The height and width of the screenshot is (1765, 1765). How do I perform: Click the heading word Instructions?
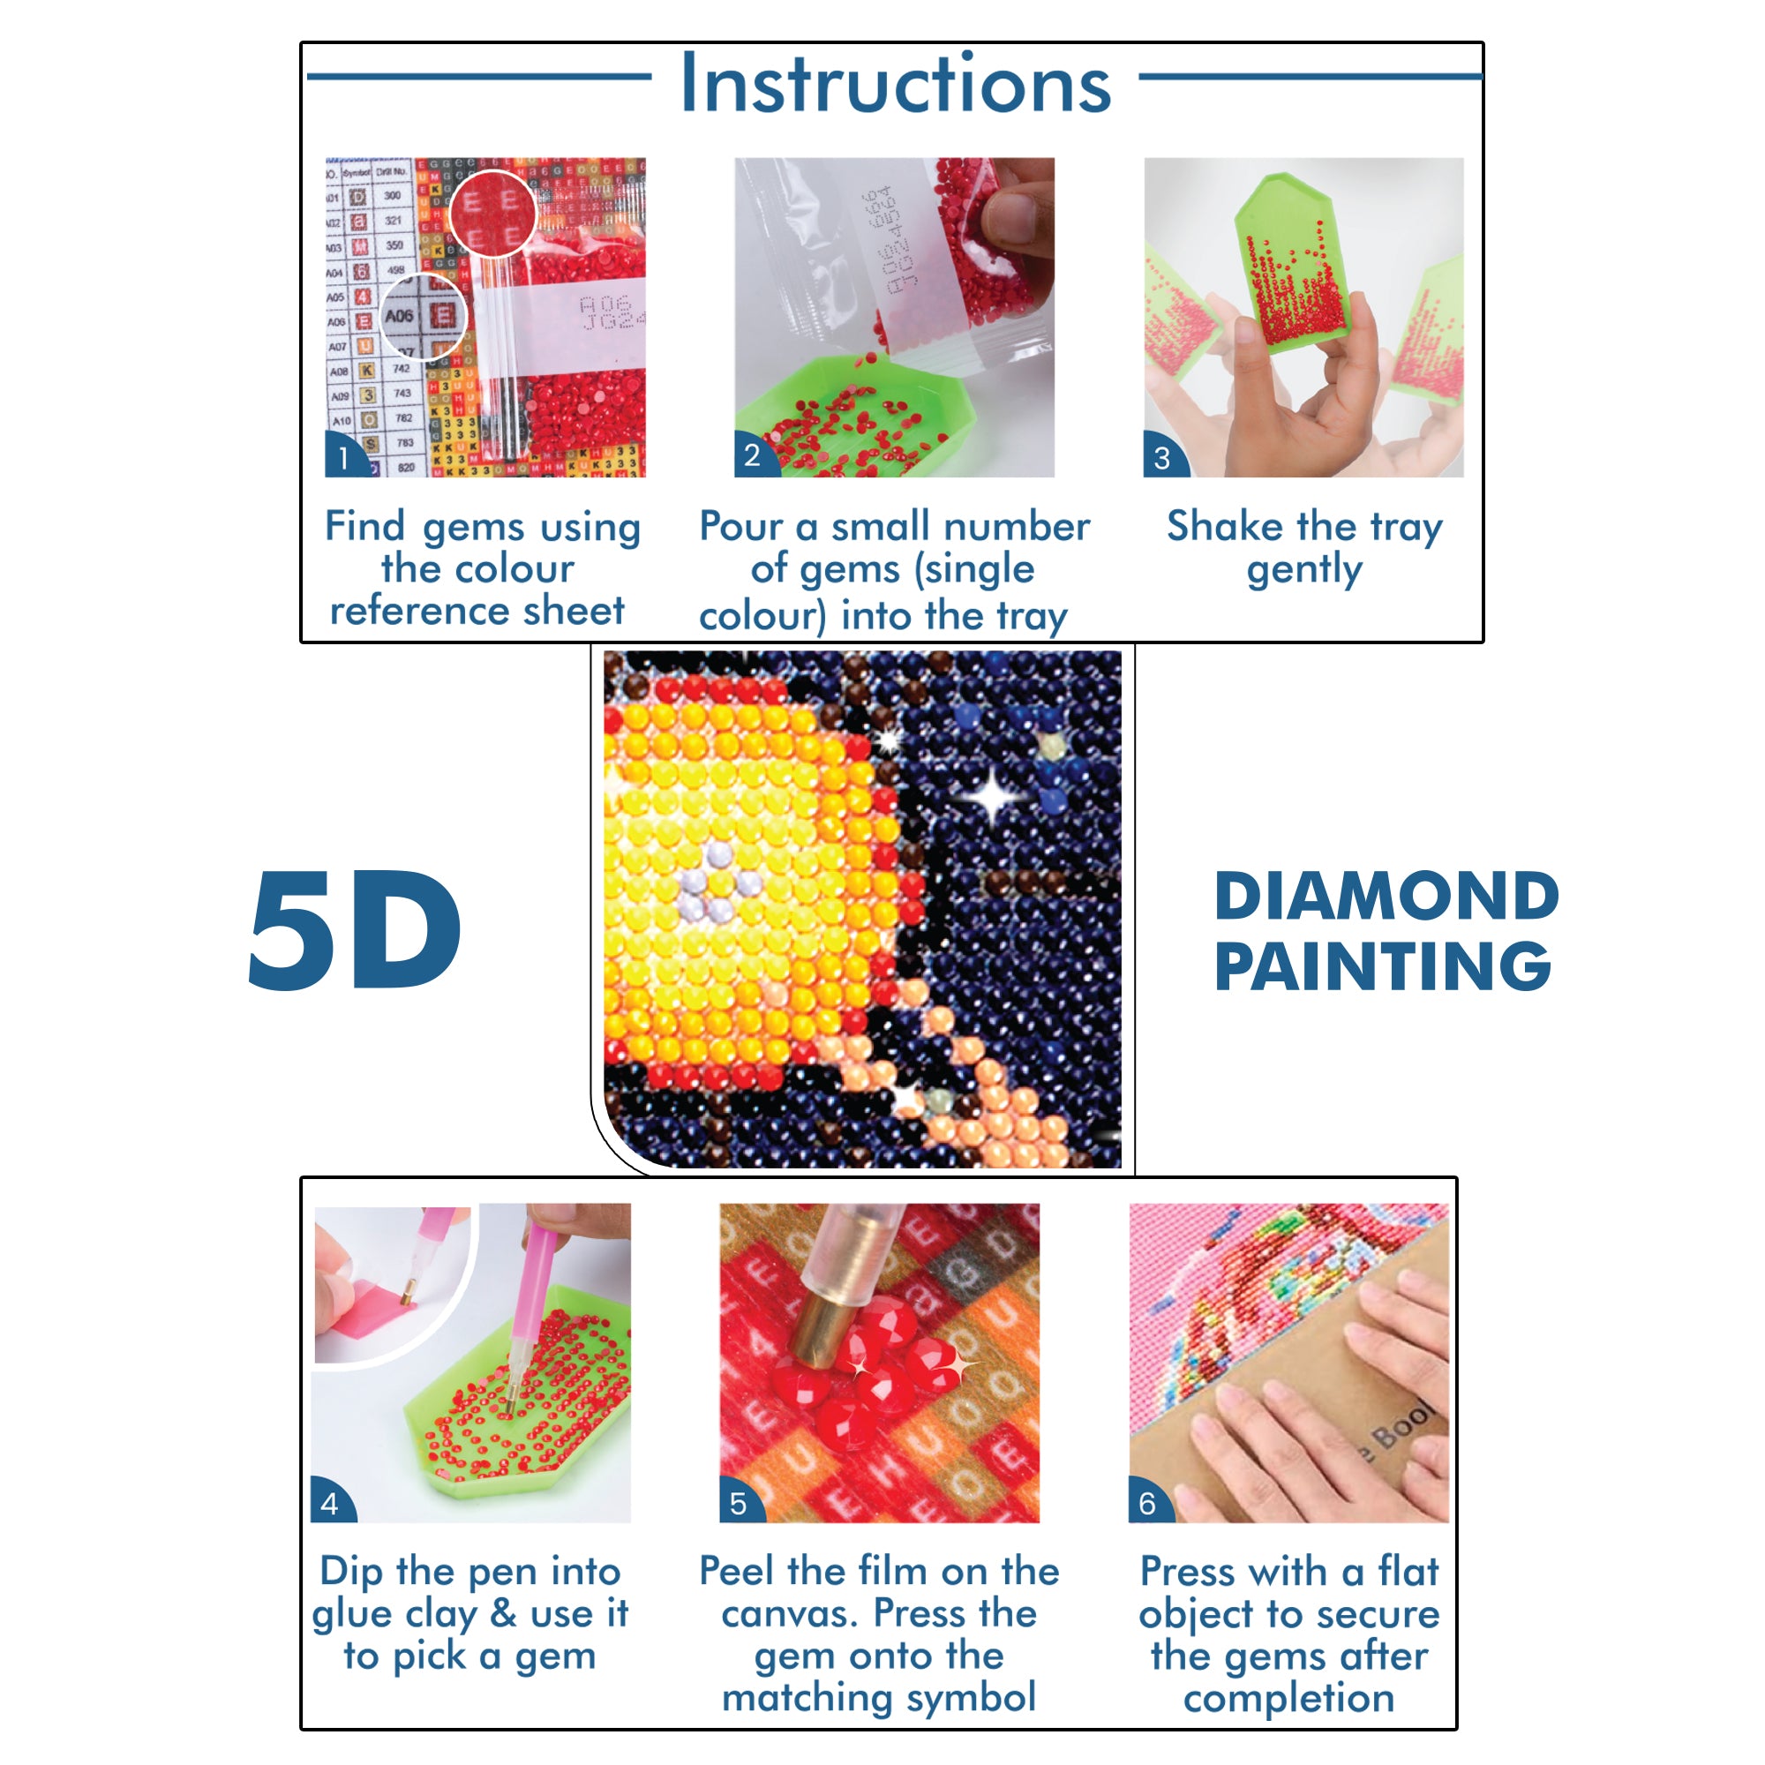pos(895,84)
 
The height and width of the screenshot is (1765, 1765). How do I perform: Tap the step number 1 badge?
pos(343,458)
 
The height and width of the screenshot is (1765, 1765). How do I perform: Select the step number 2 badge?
pos(752,455)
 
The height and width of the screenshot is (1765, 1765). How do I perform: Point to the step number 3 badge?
pos(1161,458)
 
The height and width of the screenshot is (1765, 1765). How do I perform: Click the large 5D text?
pos(355,930)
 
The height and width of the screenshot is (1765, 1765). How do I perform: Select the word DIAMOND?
pos(1386,898)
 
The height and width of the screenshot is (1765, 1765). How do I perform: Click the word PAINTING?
pos(1382,967)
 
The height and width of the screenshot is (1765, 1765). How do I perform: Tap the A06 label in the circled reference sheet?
pos(399,316)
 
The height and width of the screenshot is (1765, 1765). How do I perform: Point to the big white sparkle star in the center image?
pos(992,798)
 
